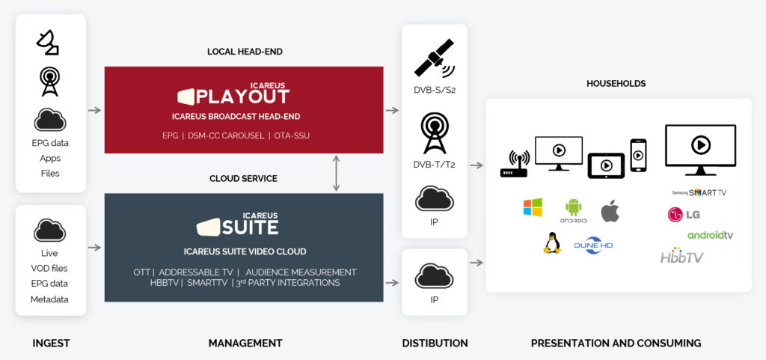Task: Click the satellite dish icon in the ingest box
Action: click(48, 43)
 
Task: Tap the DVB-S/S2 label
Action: click(434, 91)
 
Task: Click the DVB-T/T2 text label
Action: click(434, 165)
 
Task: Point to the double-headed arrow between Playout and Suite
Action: click(337, 173)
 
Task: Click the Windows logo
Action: click(533, 207)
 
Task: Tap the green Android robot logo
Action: click(574, 210)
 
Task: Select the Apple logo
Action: click(610, 211)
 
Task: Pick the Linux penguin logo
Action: click(552, 242)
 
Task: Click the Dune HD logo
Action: click(593, 244)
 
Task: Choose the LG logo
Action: click(684, 215)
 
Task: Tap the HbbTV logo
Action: click(681, 256)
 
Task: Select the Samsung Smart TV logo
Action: click(699, 192)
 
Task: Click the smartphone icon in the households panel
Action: click(638, 155)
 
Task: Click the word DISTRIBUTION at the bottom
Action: click(435, 343)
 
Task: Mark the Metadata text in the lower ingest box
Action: click(50, 299)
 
